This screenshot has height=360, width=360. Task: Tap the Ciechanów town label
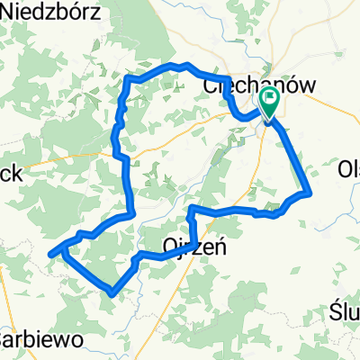click(249, 84)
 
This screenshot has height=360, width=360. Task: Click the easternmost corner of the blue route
click(310, 192)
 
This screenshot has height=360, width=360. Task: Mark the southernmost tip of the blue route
click(110, 293)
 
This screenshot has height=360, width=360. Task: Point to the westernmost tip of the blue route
click(49, 251)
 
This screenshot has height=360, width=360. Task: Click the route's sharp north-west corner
click(128, 79)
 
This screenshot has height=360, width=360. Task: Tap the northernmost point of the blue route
click(185, 65)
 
